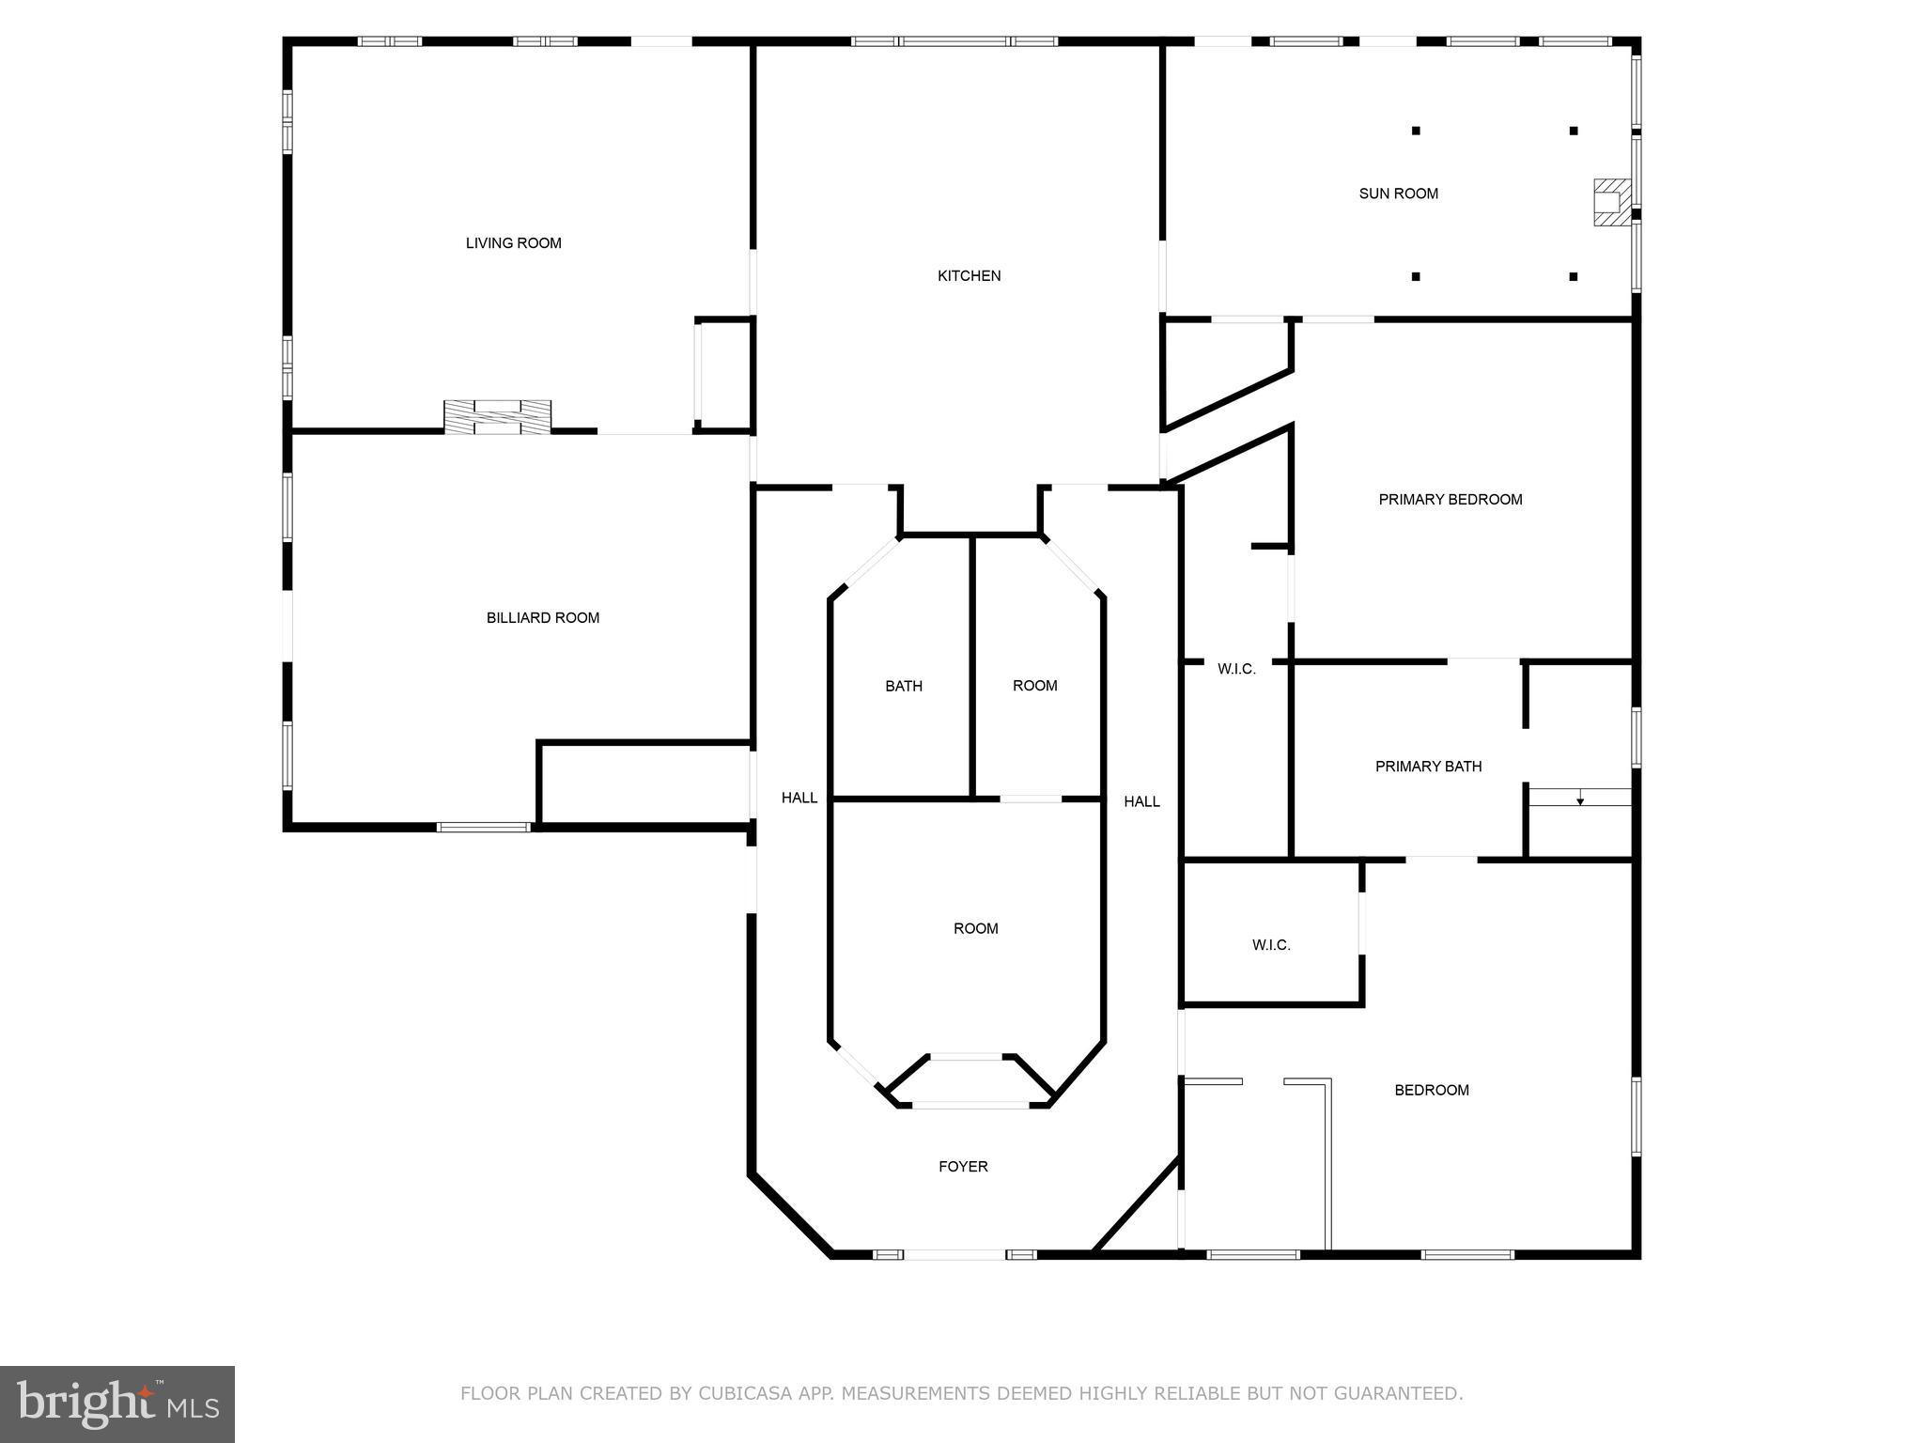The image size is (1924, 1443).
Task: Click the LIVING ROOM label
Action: pyautogui.click(x=513, y=243)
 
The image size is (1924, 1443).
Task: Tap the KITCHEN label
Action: pyautogui.click(x=969, y=276)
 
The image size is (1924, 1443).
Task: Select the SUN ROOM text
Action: pyautogui.click(x=1398, y=194)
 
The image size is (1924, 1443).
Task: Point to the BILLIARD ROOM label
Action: pyautogui.click(x=542, y=618)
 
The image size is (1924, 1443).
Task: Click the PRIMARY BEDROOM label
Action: pyautogui.click(x=1450, y=500)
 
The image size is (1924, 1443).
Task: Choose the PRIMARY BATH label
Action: pyautogui.click(x=1428, y=767)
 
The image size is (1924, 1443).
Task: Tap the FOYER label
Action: pyautogui.click(x=963, y=1167)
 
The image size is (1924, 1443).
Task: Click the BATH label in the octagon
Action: pyautogui.click(x=903, y=687)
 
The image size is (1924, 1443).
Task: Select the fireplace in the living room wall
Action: pyautogui.click(x=497, y=417)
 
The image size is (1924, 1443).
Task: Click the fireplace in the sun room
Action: pyautogui.click(x=1611, y=202)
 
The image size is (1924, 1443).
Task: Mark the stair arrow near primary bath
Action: pyautogui.click(x=1580, y=800)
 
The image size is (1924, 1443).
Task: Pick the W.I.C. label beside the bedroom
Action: pyautogui.click(x=1270, y=945)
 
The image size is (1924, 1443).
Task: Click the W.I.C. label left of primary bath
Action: pyautogui.click(x=1235, y=669)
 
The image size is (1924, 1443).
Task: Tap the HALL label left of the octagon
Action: pyautogui.click(x=799, y=799)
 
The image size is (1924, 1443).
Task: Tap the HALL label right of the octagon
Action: pyautogui.click(x=1141, y=801)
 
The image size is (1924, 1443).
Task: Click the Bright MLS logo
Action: pyautogui.click(x=117, y=1404)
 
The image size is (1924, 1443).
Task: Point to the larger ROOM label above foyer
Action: pyautogui.click(x=975, y=929)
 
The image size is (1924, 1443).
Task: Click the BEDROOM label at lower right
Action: pyautogui.click(x=1431, y=1091)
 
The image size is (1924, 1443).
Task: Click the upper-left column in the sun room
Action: pyautogui.click(x=1416, y=131)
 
